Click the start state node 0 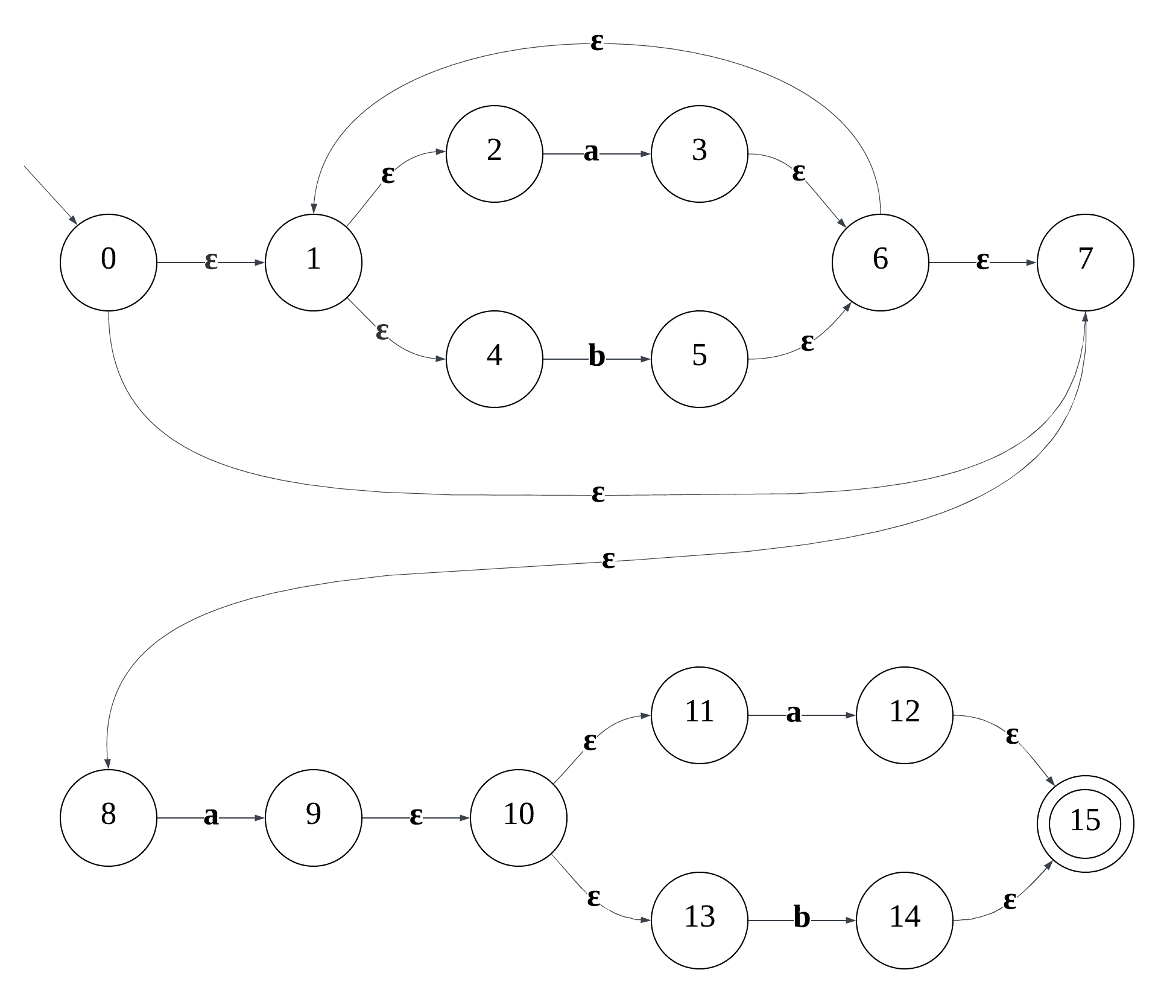(x=109, y=263)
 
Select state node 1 (x=314, y=263)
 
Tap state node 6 (x=880, y=263)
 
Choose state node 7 (x=1085, y=263)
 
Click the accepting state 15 (x=1085, y=823)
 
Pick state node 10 (x=519, y=818)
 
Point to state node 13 (x=700, y=921)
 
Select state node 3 (x=700, y=154)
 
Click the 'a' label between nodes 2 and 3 (x=591, y=153)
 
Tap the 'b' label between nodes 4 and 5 (x=596, y=357)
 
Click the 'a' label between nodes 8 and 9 (x=210, y=817)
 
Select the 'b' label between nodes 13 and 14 (x=802, y=919)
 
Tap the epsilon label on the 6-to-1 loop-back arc (x=596, y=43)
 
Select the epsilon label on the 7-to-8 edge (x=608, y=561)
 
